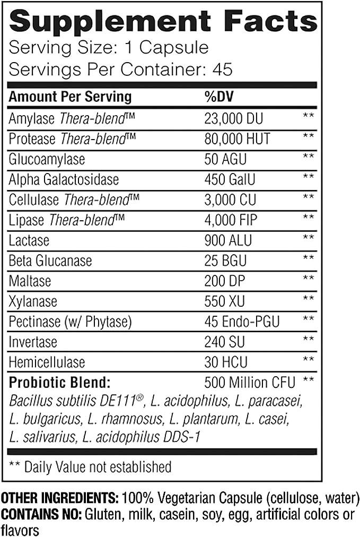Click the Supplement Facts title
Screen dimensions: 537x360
[163, 23]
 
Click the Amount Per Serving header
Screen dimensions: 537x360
[71, 97]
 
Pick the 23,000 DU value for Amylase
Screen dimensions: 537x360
[233, 118]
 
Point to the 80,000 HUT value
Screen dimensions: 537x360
[237, 139]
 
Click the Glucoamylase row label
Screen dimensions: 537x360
[47, 159]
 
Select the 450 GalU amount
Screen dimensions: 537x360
[230, 180]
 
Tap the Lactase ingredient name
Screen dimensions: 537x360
[29, 241]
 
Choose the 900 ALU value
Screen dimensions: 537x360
[227, 241]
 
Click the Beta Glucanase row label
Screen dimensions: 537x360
[50, 261]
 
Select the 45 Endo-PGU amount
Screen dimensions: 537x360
[242, 322]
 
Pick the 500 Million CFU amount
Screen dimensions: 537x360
[250, 382]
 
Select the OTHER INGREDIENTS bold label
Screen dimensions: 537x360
[60, 499]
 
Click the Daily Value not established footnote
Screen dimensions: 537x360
[90, 467]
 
